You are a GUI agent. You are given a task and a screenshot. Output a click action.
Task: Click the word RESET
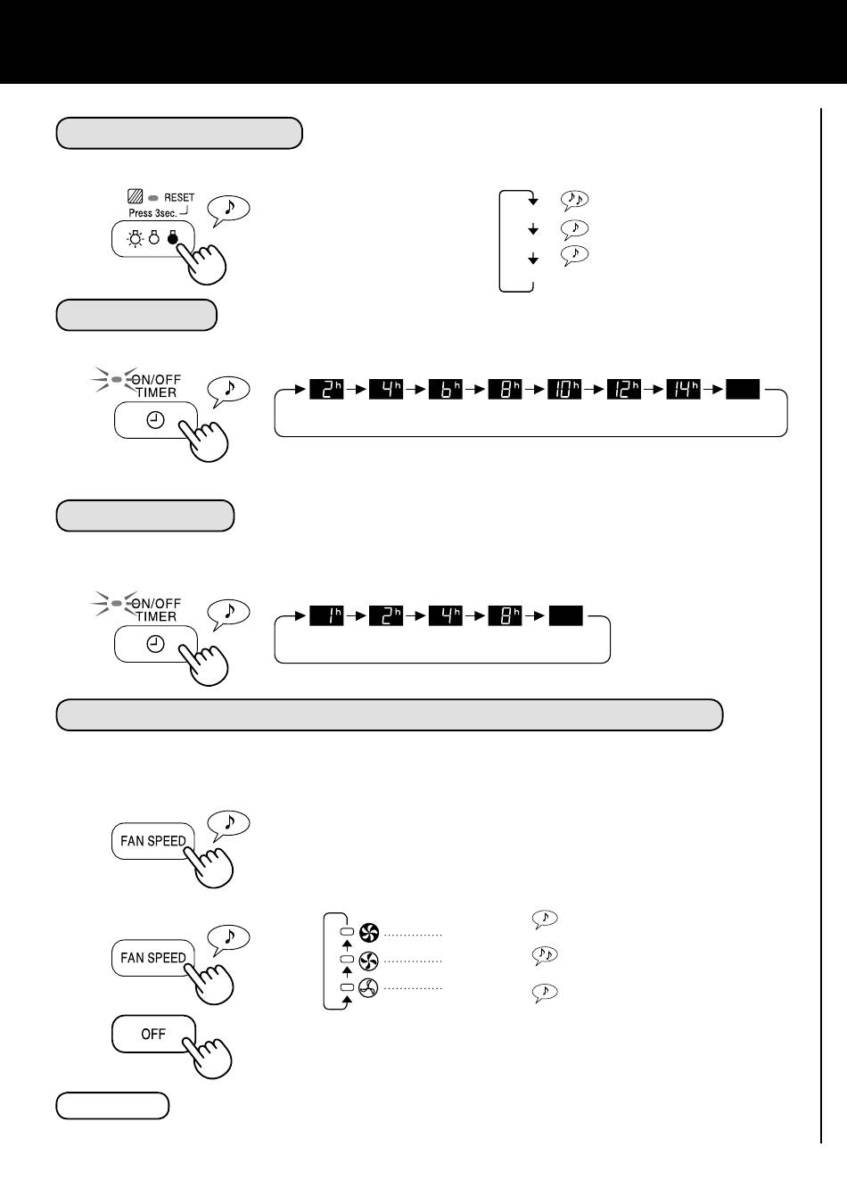[x=179, y=198]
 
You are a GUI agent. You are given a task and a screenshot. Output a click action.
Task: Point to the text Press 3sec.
[x=152, y=213]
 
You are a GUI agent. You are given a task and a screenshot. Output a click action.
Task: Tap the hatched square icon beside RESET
[x=135, y=196]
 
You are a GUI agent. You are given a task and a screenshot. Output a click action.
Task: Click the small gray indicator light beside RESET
[x=153, y=198]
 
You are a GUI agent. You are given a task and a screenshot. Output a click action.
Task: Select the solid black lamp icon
[x=172, y=237]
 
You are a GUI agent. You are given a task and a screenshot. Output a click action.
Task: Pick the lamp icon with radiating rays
[x=136, y=238]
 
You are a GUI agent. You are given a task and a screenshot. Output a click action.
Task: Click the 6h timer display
[x=446, y=389]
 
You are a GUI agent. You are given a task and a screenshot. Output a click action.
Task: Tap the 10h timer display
[x=564, y=389]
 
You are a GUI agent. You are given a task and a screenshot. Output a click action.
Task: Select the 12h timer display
[x=624, y=389]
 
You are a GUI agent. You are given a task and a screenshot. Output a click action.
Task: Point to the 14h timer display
[x=683, y=389]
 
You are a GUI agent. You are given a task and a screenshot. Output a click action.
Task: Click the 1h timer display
[x=326, y=615]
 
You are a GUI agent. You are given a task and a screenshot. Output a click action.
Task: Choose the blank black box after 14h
[x=743, y=389]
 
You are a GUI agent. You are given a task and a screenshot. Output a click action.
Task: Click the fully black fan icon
[x=369, y=932]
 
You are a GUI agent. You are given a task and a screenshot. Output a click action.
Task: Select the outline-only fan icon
[x=369, y=988]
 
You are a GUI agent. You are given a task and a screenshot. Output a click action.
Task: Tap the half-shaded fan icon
[x=369, y=961]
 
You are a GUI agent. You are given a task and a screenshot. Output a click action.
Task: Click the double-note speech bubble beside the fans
[x=545, y=954]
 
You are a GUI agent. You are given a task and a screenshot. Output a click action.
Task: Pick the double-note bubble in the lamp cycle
[x=574, y=200]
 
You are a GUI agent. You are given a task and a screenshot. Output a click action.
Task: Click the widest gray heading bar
[x=390, y=714]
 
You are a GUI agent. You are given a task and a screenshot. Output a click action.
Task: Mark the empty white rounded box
[x=112, y=1105]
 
